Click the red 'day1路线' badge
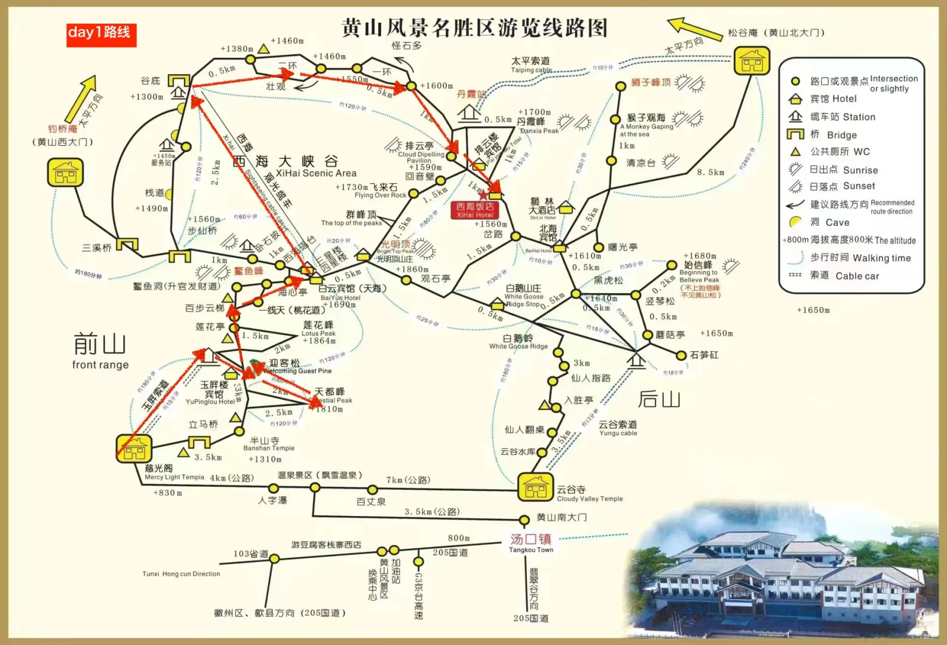[x=101, y=35]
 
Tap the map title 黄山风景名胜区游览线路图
[x=474, y=28]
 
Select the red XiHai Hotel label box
[x=475, y=210]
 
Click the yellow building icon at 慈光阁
[x=134, y=448]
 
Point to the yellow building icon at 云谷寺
[x=535, y=487]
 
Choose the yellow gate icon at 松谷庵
[x=752, y=60]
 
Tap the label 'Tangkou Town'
[x=531, y=550]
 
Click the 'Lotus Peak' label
[x=318, y=333]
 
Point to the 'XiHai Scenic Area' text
[x=316, y=173]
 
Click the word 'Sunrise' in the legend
[x=860, y=170]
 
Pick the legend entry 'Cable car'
[x=857, y=276]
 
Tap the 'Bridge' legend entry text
[x=842, y=135]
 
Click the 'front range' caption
[x=100, y=365]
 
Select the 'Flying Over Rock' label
[x=380, y=195]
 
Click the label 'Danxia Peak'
[x=539, y=131]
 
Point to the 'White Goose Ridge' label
[x=518, y=346]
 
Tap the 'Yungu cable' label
[x=618, y=433]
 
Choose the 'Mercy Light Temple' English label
[x=174, y=477]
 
